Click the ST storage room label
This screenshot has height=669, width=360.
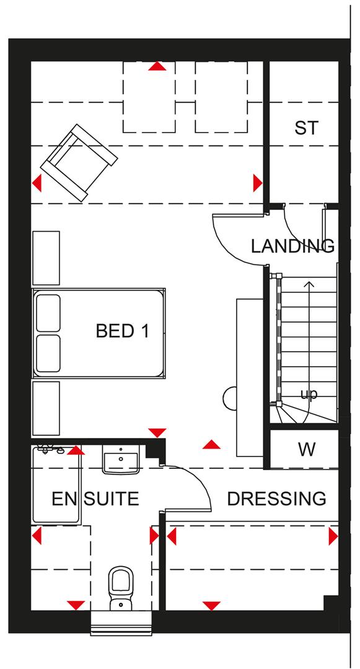306,128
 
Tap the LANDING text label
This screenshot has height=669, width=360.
292,246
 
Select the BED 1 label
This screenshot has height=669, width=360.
122,331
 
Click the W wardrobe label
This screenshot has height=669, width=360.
307,450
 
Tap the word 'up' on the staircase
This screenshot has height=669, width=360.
308,395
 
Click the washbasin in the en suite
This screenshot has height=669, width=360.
120,461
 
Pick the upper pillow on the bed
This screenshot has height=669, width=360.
48,313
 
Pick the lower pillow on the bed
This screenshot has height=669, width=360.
48,353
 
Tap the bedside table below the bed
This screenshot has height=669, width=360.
45,408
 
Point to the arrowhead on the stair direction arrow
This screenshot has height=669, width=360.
308,284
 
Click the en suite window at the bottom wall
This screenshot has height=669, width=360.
121,623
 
